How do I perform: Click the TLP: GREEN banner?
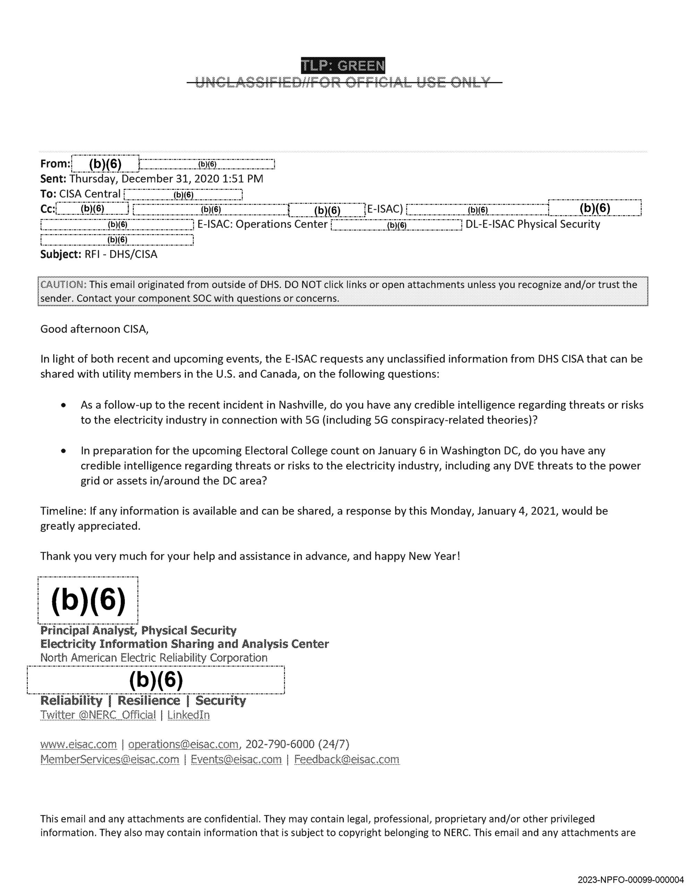pos(343,66)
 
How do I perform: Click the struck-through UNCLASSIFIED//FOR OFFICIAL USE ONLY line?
pos(343,83)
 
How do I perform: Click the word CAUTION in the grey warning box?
pos(63,285)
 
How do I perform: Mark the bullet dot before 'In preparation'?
pos(63,451)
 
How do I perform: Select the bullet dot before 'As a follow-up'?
pos(63,405)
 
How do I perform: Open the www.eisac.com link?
pos(78,744)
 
